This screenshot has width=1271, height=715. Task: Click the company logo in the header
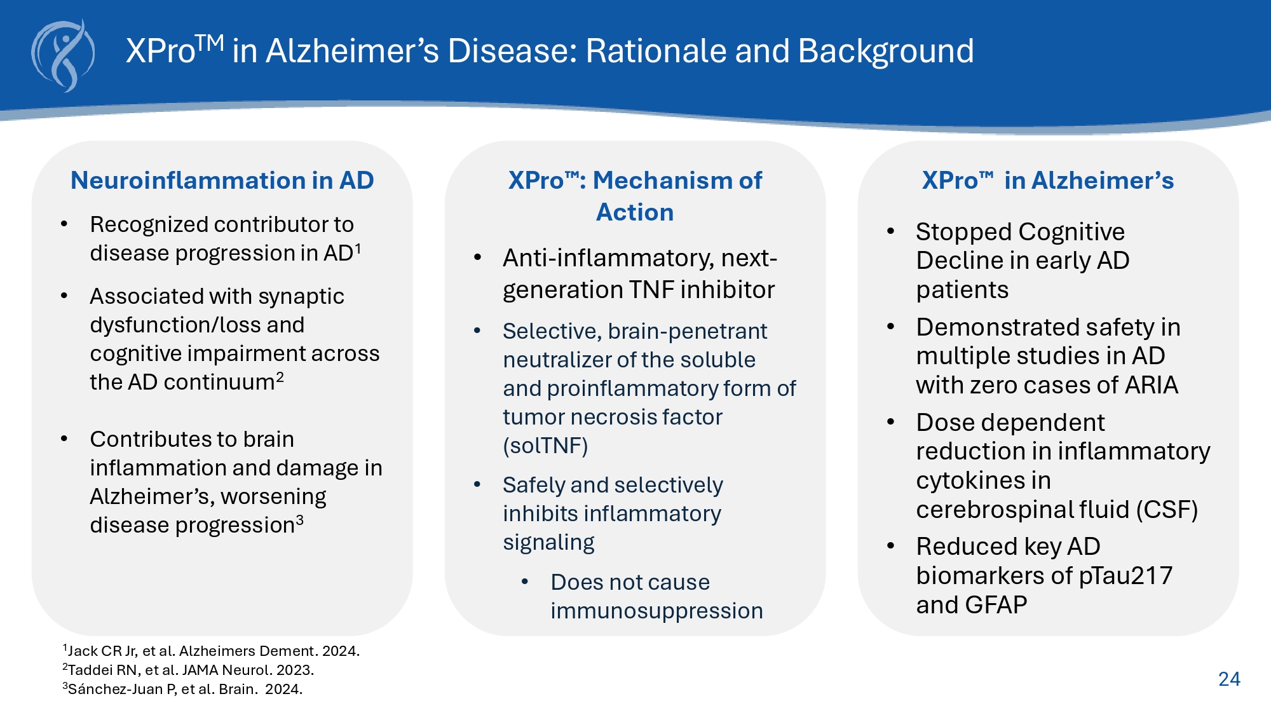tap(63, 56)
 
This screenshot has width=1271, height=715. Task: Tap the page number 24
tap(1229, 679)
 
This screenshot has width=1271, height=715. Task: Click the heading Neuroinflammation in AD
tap(222, 180)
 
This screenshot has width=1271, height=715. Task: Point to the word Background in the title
tap(885, 51)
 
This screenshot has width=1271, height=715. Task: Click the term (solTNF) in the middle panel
tap(545, 446)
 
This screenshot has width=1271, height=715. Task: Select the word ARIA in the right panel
tap(1151, 385)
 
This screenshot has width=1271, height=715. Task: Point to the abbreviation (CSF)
tap(1167, 509)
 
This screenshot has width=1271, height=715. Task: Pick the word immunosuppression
tap(656, 611)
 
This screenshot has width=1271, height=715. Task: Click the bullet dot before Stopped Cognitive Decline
tap(891, 231)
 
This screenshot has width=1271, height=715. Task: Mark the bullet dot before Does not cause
tap(525, 582)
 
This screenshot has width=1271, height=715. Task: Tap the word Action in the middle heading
tap(634, 212)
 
